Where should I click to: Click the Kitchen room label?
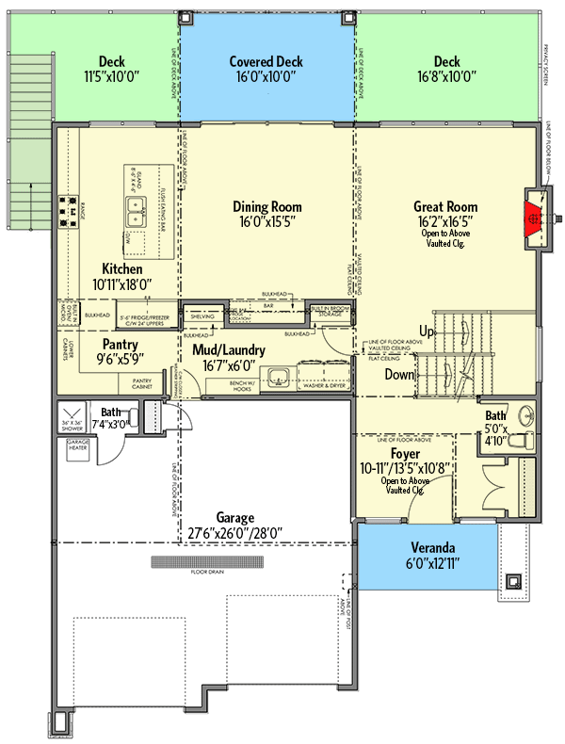123,268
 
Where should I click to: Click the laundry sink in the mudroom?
276,380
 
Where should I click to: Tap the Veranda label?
434,548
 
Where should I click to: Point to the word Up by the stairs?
428,332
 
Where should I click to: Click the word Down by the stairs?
399,374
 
